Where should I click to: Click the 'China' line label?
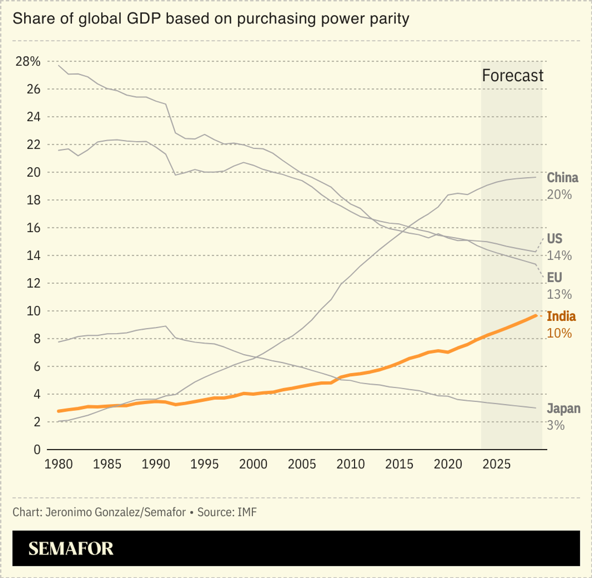[562, 178]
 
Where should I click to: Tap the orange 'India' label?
[561, 316]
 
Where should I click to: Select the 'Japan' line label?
[563, 409]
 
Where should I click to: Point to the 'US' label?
[554, 239]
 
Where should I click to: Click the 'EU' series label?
[554, 278]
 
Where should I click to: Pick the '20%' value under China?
[559, 195]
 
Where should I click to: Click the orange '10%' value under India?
[559, 333]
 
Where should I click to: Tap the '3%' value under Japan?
[556, 426]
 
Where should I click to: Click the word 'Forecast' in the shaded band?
[512, 75]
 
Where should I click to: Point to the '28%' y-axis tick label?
[28, 62]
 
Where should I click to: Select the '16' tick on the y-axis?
[33, 228]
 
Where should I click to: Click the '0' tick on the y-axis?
[37, 450]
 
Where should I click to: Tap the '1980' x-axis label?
[59, 465]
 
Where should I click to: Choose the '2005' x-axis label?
[302, 465]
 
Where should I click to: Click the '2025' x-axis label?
[496, 465]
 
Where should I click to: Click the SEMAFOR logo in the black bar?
[71, 548]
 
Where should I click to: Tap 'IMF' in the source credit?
[247, 512]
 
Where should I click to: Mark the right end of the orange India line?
[536, 315]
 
